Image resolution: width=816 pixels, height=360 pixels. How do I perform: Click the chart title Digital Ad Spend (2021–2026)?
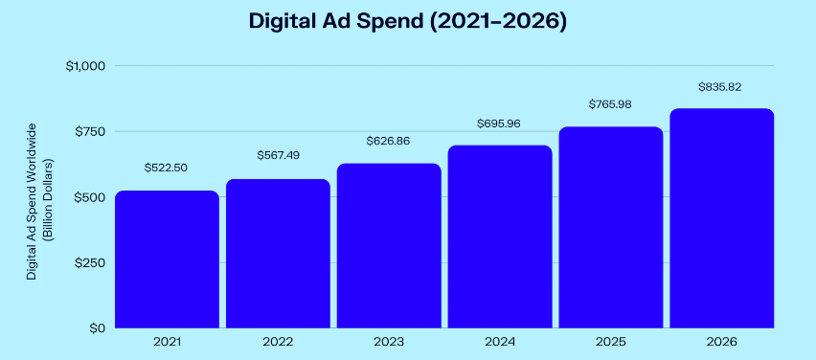[x=407, y=22]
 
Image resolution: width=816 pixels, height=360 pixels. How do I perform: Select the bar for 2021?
[x=167, y=259]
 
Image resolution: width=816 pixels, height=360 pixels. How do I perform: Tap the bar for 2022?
[x=278, y=253]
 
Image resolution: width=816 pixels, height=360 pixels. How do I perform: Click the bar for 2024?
[x=500, y=236]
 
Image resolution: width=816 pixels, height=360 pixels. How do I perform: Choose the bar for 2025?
[x=611, y=227]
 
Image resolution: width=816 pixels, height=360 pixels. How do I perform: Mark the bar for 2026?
[x=721, y=218]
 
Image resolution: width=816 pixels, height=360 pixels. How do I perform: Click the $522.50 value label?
[x=166, y=168]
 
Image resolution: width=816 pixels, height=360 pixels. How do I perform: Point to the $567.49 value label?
[x=278, y=156]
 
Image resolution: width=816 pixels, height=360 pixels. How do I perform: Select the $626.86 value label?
[x=388, y=141]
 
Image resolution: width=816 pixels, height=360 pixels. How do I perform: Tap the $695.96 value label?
[x=499, y=123]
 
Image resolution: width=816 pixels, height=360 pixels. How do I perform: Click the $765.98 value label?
[x=610, y=104]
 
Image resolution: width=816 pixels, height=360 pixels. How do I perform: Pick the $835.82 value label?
[x=721, y=86]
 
